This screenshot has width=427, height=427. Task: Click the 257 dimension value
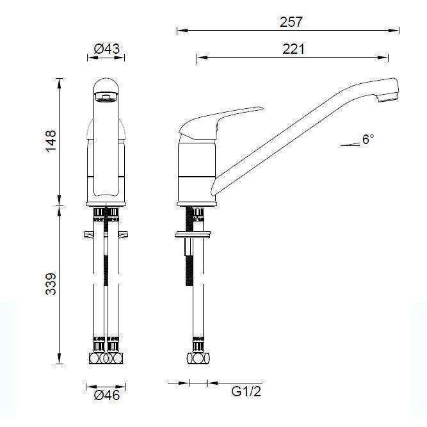[x=291, y=22]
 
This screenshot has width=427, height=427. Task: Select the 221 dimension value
[x=293, y=49]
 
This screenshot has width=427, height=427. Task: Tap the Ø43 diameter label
[x=107, y=49]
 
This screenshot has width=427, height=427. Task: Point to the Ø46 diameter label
[x=107, y=396]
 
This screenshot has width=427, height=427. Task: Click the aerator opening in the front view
[x=106, y=97]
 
